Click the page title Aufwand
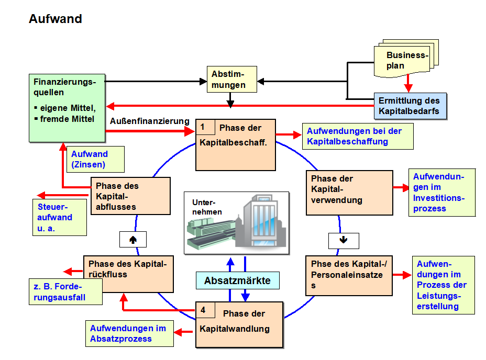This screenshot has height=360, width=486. click(56, 19)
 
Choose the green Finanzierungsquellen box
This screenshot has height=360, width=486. click(67, 107)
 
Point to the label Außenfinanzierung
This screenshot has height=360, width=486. click(150, 121)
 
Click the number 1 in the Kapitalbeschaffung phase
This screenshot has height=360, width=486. click(203, 127)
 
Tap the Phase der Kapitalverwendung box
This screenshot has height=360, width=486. click(349, 192)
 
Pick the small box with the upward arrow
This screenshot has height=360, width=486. click(132, 239)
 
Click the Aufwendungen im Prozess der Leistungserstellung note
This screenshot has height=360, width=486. click(443, 285)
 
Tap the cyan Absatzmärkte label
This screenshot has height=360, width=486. click(237, 280)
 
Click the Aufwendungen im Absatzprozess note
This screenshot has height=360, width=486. click(129, 333)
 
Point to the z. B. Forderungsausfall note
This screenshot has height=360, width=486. click(65, 292)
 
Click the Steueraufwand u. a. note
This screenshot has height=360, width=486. click(59, 217)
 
